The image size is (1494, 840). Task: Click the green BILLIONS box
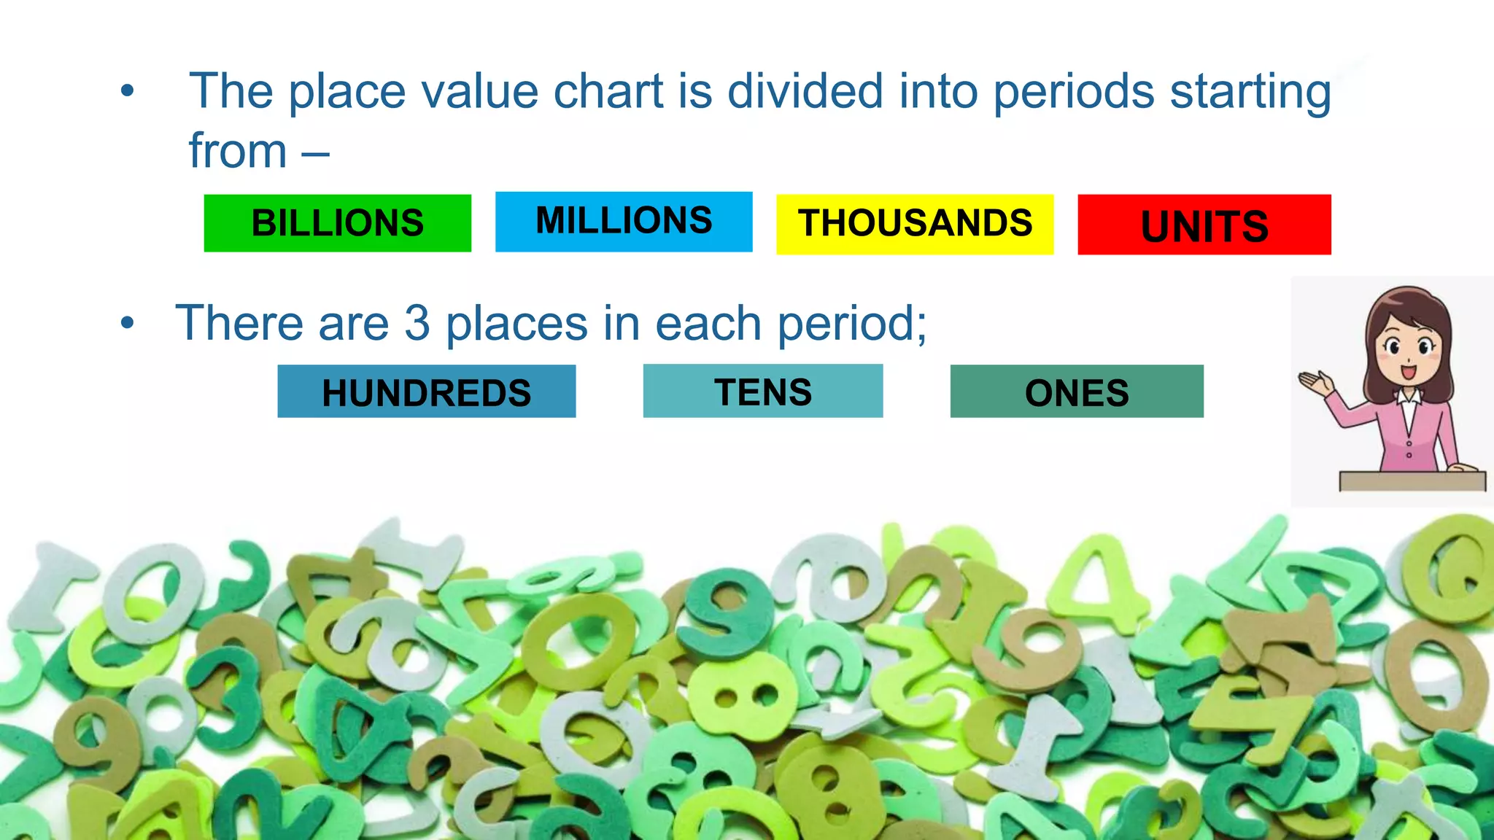click(x=337, y=223)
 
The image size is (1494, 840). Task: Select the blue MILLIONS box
click(x=624, y=222)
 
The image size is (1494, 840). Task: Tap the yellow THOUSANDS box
click(x=915, y=225)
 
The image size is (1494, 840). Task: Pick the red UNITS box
click(x=1204, y=225)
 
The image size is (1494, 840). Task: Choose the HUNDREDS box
click(x=427, y=392)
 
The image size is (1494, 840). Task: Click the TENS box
click(x=763, y=392)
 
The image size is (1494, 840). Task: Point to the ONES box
click(x=1077, y=392)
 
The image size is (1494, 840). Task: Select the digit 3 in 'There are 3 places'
click(x=417, y=323)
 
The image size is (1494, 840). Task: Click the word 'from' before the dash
click(x=238, y=151)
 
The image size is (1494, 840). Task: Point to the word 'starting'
click(x=1250, y=93)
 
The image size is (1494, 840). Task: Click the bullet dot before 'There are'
click(x=128, y=322)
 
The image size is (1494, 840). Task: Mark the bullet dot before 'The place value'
click(x=128, y=92)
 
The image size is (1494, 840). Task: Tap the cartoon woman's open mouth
click(x=1408, y=372)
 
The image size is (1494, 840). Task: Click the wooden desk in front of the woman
click(x=1412, y=481)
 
